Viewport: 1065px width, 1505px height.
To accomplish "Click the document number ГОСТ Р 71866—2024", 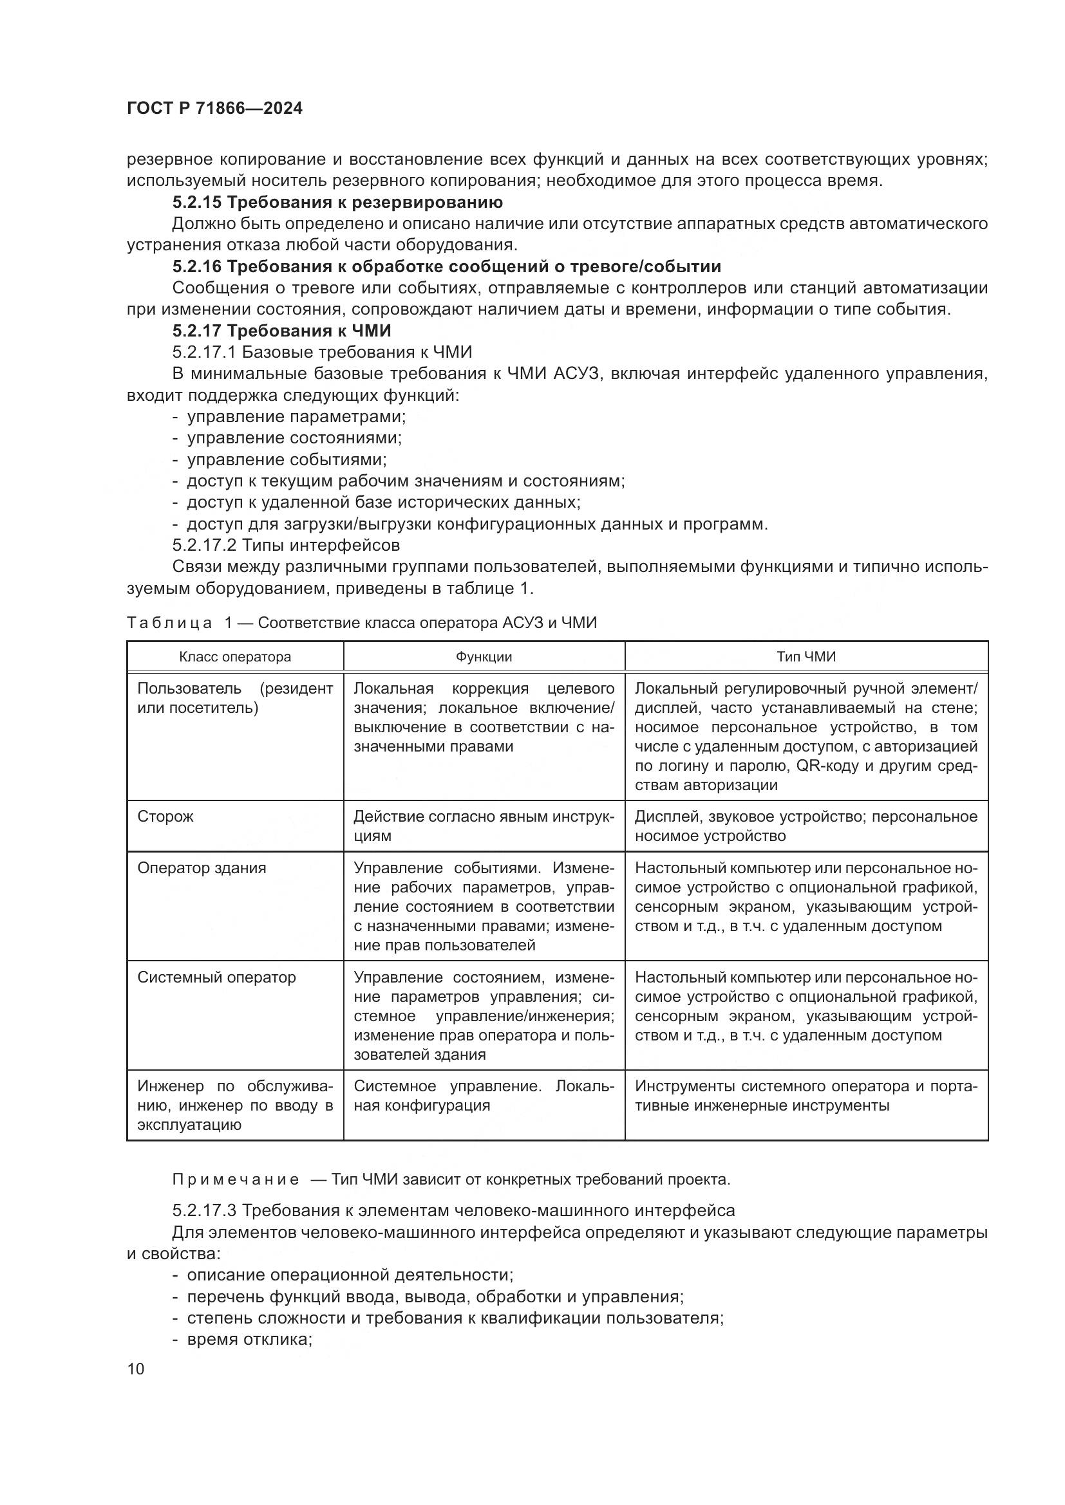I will pos(214,109).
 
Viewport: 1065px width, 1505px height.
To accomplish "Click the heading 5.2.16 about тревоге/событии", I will pos(446,266).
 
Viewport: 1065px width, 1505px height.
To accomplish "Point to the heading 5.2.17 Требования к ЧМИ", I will pos(281,330).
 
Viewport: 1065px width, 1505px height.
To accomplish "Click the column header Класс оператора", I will pos(235,657).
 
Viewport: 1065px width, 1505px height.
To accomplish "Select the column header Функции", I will pos(484,657).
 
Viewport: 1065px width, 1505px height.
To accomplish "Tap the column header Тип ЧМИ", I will pos(806,657).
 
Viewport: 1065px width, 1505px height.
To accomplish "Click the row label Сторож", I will pos(165,817).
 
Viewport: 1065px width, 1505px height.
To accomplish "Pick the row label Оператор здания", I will pos(202,868).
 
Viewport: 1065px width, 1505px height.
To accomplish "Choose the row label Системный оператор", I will pos(216,977).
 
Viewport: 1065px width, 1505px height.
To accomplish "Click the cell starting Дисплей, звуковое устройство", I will pos(806,826).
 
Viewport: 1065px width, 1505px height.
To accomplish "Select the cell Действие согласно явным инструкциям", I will pos(484,826).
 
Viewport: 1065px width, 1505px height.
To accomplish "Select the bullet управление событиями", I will pos(286,459).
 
